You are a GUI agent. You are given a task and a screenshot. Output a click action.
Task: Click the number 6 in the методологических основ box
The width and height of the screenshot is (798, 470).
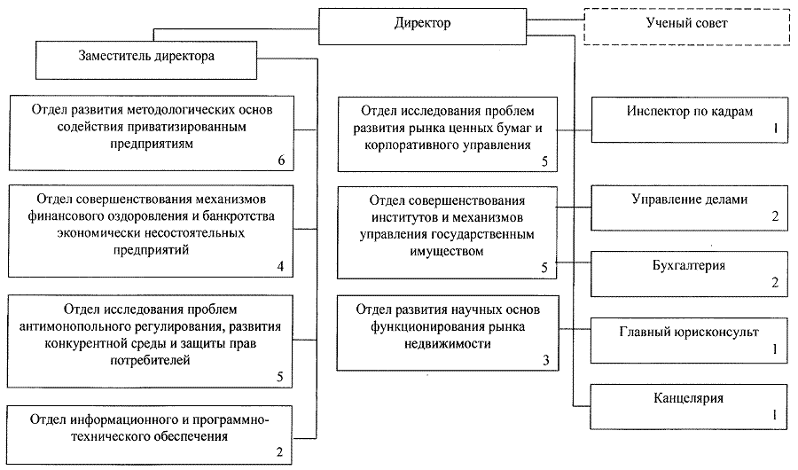point(281,161)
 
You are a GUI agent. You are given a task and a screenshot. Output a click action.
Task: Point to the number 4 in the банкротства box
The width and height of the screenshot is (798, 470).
point(280,266)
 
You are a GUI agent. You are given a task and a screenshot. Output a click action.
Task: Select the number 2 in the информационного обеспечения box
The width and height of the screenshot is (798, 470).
point(279,452)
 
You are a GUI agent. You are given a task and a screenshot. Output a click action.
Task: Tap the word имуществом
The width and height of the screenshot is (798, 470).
point(446,251)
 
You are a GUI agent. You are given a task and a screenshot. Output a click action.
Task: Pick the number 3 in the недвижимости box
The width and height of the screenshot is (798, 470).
point(546,361)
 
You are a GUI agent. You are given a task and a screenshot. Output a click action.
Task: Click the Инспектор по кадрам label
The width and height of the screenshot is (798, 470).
point(690,111)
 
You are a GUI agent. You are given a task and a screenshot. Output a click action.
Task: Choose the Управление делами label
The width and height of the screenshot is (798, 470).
point(690,200)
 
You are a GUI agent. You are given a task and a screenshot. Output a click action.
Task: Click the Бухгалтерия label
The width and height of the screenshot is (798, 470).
point(689,265)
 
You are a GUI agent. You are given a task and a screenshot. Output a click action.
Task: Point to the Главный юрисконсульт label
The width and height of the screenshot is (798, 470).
point(689,332)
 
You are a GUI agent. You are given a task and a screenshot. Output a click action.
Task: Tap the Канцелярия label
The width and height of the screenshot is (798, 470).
point(689,398)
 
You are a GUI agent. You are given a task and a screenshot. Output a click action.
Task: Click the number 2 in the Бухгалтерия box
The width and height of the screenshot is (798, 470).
point(775,282)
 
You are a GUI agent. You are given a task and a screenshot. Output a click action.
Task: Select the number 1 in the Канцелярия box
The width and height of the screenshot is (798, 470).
point(775,414)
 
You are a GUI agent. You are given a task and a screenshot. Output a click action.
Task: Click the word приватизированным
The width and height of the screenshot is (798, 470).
point(151,126)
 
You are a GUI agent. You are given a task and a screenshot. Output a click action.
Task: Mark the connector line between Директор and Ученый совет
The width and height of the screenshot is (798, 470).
point(555,20)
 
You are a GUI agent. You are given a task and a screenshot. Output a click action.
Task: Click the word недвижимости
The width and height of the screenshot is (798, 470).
point(448,344)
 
